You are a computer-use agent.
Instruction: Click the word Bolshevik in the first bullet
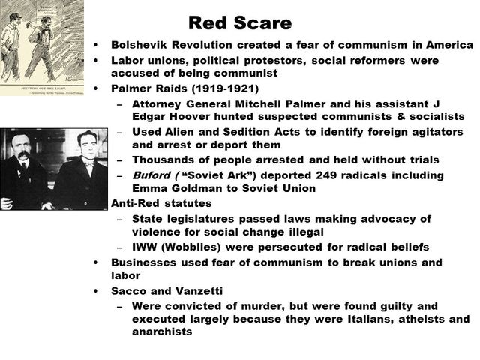click(137, 45)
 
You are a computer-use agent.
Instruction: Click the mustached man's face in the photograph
click(23, 155)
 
